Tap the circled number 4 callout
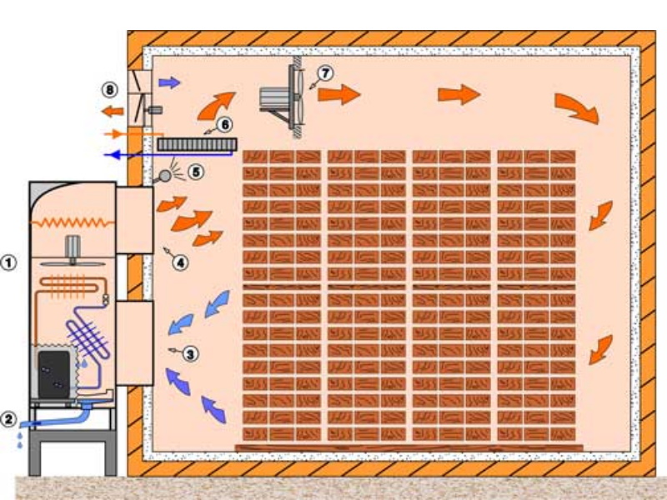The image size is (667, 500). [x=180, y=262]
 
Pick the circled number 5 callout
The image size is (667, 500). [x=195, y=172]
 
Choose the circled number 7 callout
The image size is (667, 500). [x=324, y=72]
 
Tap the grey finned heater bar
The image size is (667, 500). [x=196, y=145]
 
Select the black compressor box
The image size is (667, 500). [x=52, y=370]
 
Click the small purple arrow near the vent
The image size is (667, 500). [x=168, y=82]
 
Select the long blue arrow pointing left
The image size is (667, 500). [x=133, y=154]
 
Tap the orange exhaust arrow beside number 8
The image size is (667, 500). [x=111, y=111]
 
